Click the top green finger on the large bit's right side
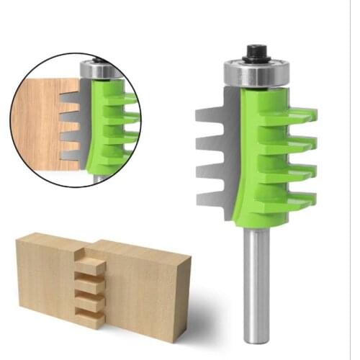click(295, 115)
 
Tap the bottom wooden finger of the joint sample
click(91, 315)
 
